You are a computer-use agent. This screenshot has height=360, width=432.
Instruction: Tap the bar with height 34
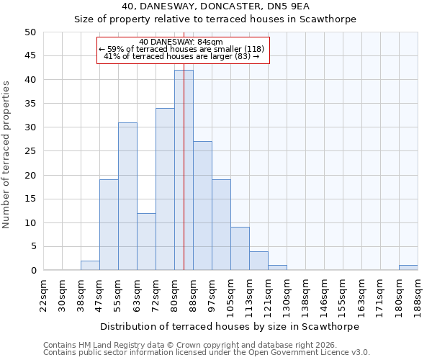click(x=165, y=189)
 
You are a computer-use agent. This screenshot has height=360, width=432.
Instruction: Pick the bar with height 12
click(x=146, y=242)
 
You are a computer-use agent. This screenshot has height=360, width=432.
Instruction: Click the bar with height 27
click(x=202, y=206)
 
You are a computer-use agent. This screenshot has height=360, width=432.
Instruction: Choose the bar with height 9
click(x=240, y=249)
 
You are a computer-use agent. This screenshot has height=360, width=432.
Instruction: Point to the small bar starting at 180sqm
click(x=408, y=268)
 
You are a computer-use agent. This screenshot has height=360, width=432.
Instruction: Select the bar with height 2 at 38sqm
click(x=90, y=266)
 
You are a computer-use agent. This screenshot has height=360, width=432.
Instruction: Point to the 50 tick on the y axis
click(x=30, y=32)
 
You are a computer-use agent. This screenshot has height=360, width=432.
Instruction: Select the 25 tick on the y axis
click(x=30, y=151)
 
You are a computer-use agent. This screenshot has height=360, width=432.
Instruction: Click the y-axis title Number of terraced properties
click(x=6, y=154)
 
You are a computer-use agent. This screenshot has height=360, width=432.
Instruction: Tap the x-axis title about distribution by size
click(x=229, y=326)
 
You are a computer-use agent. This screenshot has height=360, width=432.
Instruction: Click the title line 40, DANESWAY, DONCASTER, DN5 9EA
click(x=215, y=6)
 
